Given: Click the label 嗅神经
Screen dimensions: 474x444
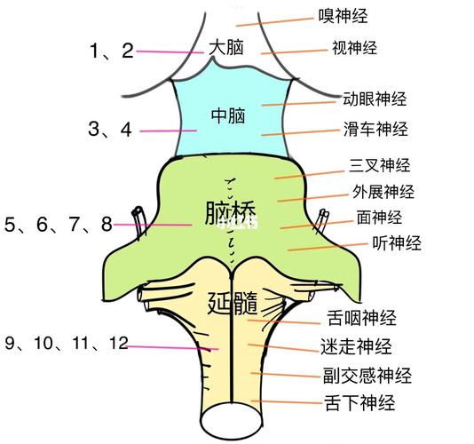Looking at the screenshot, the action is click(344, 16).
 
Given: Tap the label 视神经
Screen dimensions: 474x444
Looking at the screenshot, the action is click(354, 48).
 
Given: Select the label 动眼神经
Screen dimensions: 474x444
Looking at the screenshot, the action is click(375, 99).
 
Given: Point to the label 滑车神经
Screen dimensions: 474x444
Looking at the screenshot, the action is click(375, 129).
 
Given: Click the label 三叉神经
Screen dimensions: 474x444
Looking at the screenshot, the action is click(380, 165).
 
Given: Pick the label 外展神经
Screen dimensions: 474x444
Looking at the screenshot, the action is click(383, 192).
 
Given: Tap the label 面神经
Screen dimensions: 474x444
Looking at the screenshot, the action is click(379, 218).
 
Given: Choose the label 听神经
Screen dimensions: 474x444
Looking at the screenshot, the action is click(397, 242).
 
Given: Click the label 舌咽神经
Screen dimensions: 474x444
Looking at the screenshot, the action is click(361, 318).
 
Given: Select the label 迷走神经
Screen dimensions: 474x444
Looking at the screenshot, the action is click(356, 346).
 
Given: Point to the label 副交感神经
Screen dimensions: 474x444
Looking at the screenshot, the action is click(367, 376).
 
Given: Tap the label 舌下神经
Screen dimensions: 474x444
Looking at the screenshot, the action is click(359, 402).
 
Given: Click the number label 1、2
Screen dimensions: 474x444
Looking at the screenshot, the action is click(112, 51).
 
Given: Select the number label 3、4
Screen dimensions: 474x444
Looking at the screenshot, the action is click(110, 129).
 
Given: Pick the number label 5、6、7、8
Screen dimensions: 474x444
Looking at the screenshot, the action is click(59, 225).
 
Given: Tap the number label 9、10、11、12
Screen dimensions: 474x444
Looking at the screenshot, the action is click(67, 343).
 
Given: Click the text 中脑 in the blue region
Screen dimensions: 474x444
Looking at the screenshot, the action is click(228, 115).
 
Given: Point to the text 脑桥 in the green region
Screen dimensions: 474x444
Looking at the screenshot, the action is click(231, 212).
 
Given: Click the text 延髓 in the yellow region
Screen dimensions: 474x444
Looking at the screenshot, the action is click(233, 303).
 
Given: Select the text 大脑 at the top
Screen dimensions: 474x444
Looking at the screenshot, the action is click(226, 47).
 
